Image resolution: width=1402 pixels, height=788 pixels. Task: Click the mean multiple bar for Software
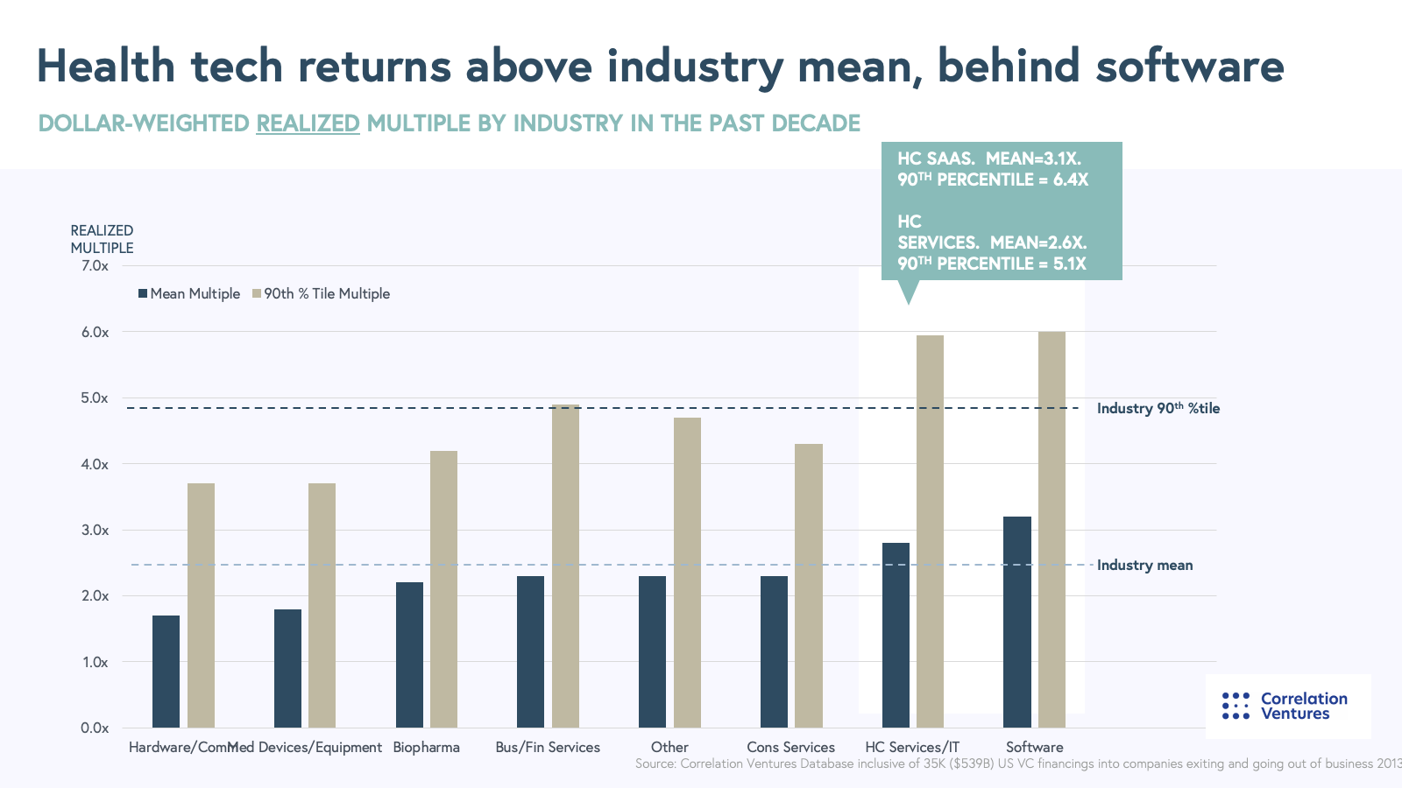click(x=1017, y=622)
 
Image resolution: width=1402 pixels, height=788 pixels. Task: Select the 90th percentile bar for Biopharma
click(x=443, y=588)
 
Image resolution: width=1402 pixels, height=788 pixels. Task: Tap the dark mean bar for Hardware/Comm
click(x=166, y=672)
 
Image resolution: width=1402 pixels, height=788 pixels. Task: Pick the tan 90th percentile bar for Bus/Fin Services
click(x=565, y=566)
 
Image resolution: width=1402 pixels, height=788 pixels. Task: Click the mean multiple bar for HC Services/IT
click(x=896, y=635)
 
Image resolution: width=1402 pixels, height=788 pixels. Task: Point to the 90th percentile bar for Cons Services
click(x=808, y=585)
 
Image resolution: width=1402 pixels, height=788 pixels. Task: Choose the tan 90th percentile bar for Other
click(x=687, y=572)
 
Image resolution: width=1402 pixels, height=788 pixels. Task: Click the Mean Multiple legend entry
click(x=189, y=294)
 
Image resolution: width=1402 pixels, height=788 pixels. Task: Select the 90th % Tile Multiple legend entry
click(x=322, y=294)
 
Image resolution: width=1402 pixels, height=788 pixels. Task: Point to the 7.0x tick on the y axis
click(x=95, y=266)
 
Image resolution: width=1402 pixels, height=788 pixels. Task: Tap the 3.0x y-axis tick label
click(x=95, y=531)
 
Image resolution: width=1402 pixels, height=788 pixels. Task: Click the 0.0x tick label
click(x=95, y=728)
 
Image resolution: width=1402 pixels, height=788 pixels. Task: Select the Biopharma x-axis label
click(x=426, y=748)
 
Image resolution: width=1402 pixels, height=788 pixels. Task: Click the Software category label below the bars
click(x=1034, y=748)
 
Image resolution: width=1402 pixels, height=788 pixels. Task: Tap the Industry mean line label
click(x=1144, y=566)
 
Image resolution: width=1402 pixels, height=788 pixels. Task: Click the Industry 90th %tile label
click(x=1158, y=409)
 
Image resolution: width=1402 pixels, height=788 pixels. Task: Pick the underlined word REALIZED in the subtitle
click(x=308, y=123)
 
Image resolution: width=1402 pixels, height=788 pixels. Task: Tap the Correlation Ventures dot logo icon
click(x=1236, y=706)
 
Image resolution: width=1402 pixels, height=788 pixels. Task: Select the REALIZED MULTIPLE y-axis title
click(x=102, y=239)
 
